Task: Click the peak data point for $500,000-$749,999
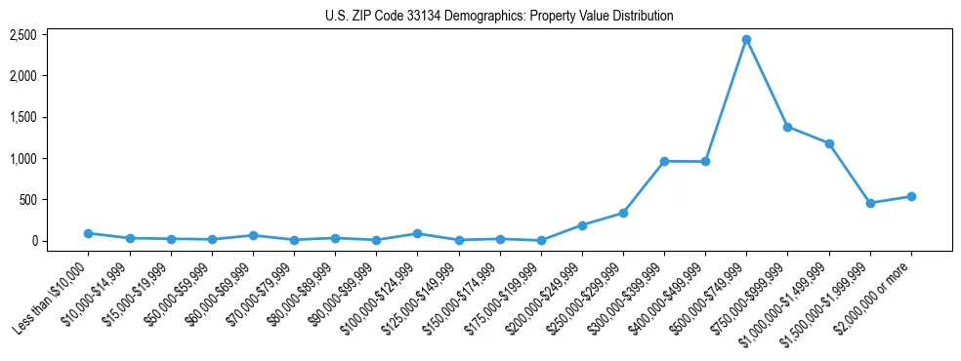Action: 746,40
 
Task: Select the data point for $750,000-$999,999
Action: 787,127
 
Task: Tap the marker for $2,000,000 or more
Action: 911,196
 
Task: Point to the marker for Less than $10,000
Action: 88,233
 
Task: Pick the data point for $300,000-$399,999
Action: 664,161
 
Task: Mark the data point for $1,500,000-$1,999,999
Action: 870,203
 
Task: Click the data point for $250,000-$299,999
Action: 623,213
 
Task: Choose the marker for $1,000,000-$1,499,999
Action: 829,143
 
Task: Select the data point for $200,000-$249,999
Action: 582,225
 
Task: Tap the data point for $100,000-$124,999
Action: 417,233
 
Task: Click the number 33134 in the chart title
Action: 431,17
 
